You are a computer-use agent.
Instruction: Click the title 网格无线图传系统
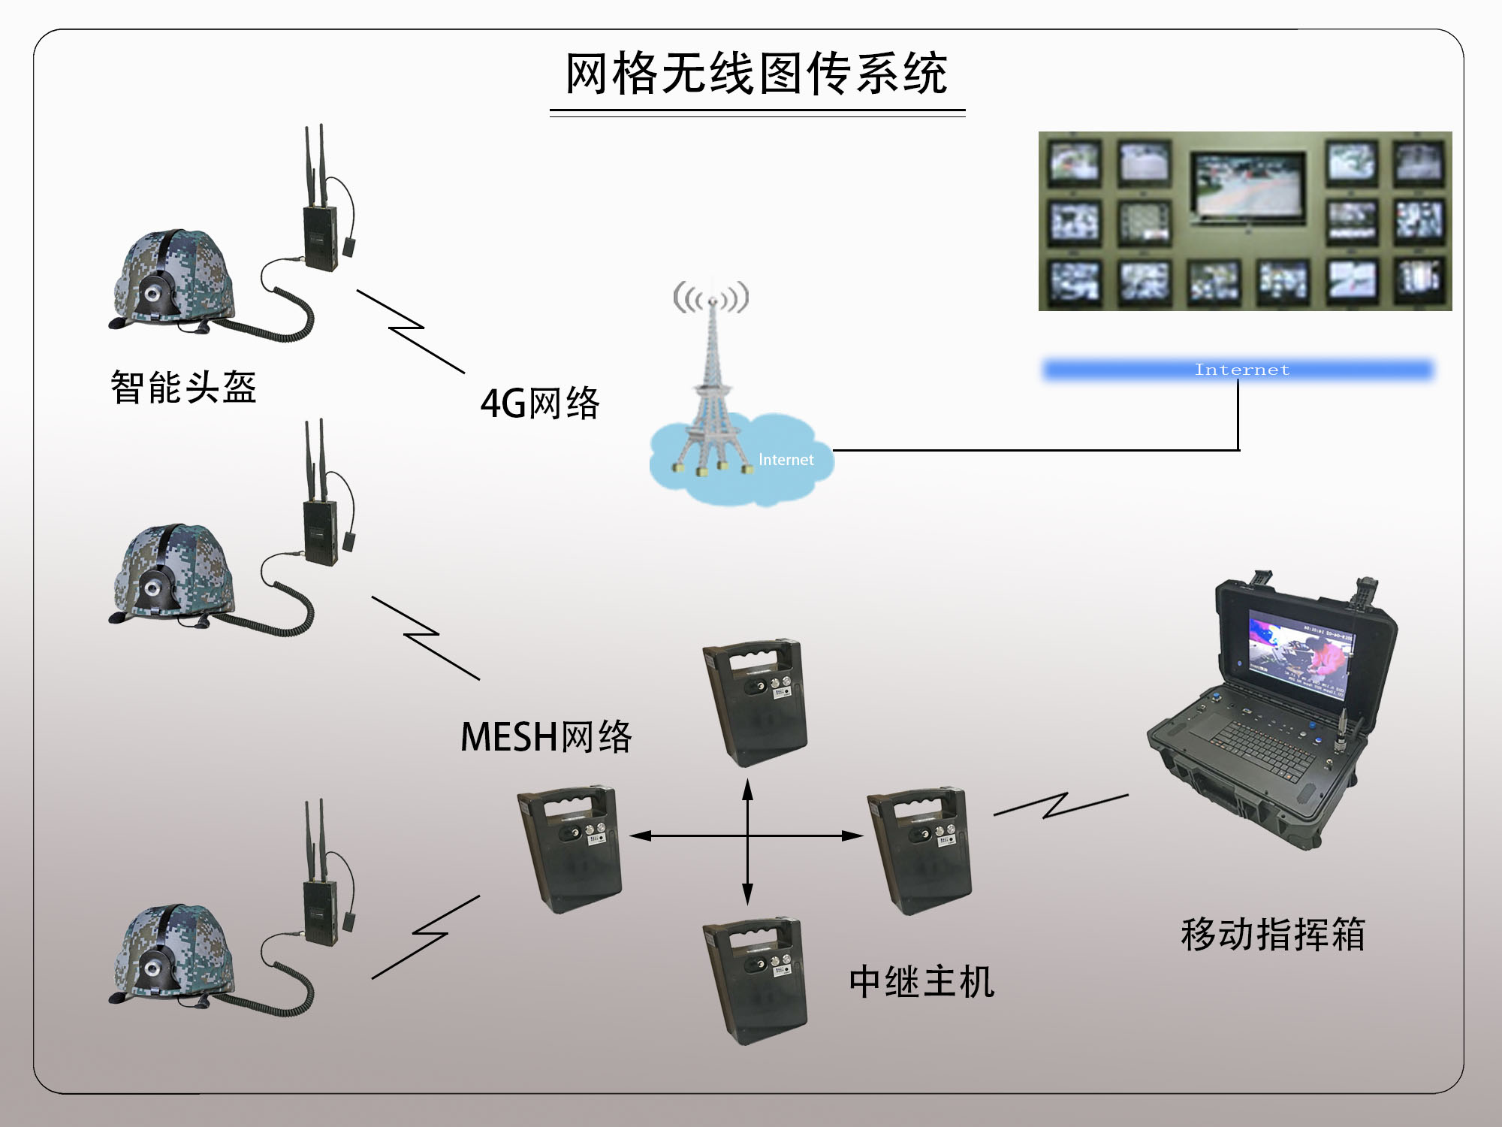pos(756,74)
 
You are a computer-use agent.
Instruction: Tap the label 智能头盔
pos(184,388)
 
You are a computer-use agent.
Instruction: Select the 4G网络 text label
pos(540,403)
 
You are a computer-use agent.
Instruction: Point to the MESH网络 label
pos(546,736)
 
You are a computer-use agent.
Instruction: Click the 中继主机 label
pos(921,982)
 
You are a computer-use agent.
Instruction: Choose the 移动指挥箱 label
pos(1272,935)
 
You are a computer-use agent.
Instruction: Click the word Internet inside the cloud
pos(786,460)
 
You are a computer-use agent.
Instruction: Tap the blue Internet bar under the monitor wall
pos(1239,370)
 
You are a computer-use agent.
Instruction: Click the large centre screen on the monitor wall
pos(1247,184)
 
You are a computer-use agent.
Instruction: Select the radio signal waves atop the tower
pos(710,298)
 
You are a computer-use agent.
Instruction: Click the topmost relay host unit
pos(755,702)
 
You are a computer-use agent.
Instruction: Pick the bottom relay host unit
pos(755,980)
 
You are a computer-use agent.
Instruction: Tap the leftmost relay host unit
pos(569,849)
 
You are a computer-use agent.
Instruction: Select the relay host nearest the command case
pos(920,851)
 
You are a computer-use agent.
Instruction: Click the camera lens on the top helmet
pos(152,294)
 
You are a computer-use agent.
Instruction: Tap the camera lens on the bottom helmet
pos(152,968)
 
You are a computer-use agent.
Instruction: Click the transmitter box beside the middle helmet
pos(320,532)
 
